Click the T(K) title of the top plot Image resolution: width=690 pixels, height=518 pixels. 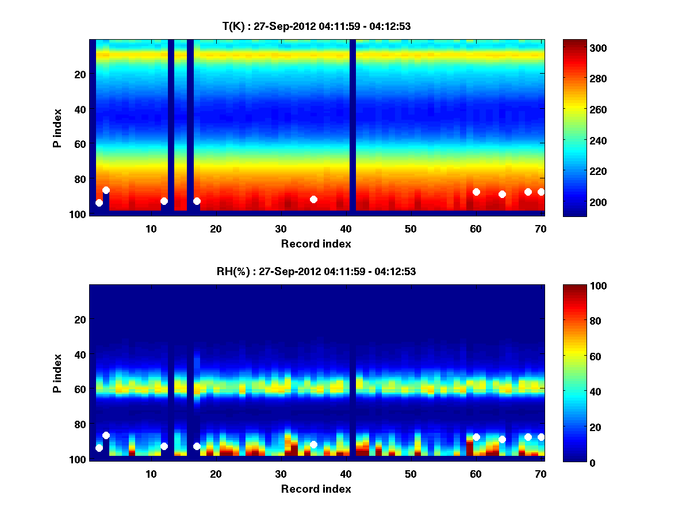point(316,26)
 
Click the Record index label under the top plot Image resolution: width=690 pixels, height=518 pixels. point(316,243)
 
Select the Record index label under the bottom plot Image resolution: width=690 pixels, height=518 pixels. point(316,489)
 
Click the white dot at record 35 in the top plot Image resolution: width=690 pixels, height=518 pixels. point(313,199)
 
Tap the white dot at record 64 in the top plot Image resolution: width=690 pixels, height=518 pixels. point(502,194)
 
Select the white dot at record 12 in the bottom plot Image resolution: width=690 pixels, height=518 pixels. point(164,446)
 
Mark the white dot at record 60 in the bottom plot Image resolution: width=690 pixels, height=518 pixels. point(476,437)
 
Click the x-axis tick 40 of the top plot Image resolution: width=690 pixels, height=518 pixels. point(346,228)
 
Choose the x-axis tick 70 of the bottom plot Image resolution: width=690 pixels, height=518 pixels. point(540,474)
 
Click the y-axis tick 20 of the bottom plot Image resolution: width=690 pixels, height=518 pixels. point(80,319)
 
